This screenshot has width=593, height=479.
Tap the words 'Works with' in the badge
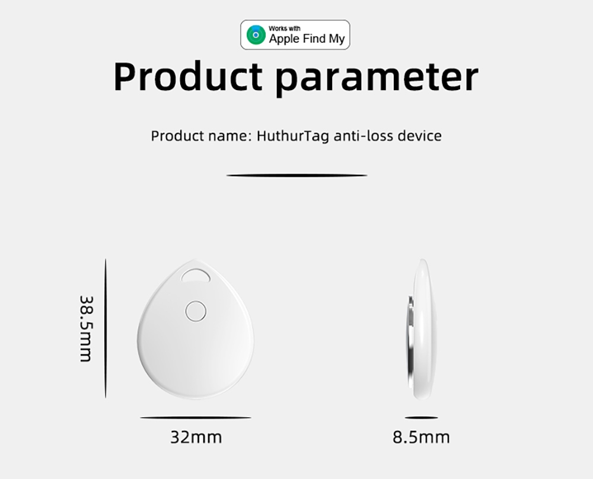285,28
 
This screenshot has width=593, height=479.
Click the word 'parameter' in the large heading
377,78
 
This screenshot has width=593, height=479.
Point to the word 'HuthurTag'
293,136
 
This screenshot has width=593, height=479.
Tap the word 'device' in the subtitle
419,136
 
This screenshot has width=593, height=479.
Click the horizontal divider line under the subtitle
296,175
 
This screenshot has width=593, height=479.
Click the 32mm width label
196,438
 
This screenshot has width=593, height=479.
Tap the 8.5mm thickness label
421,438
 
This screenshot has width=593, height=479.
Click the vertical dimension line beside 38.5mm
106,328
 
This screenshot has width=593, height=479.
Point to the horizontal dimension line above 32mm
196,417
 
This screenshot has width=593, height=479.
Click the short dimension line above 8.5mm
421,417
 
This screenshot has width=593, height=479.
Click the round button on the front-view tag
195,310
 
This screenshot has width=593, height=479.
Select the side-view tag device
423,329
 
